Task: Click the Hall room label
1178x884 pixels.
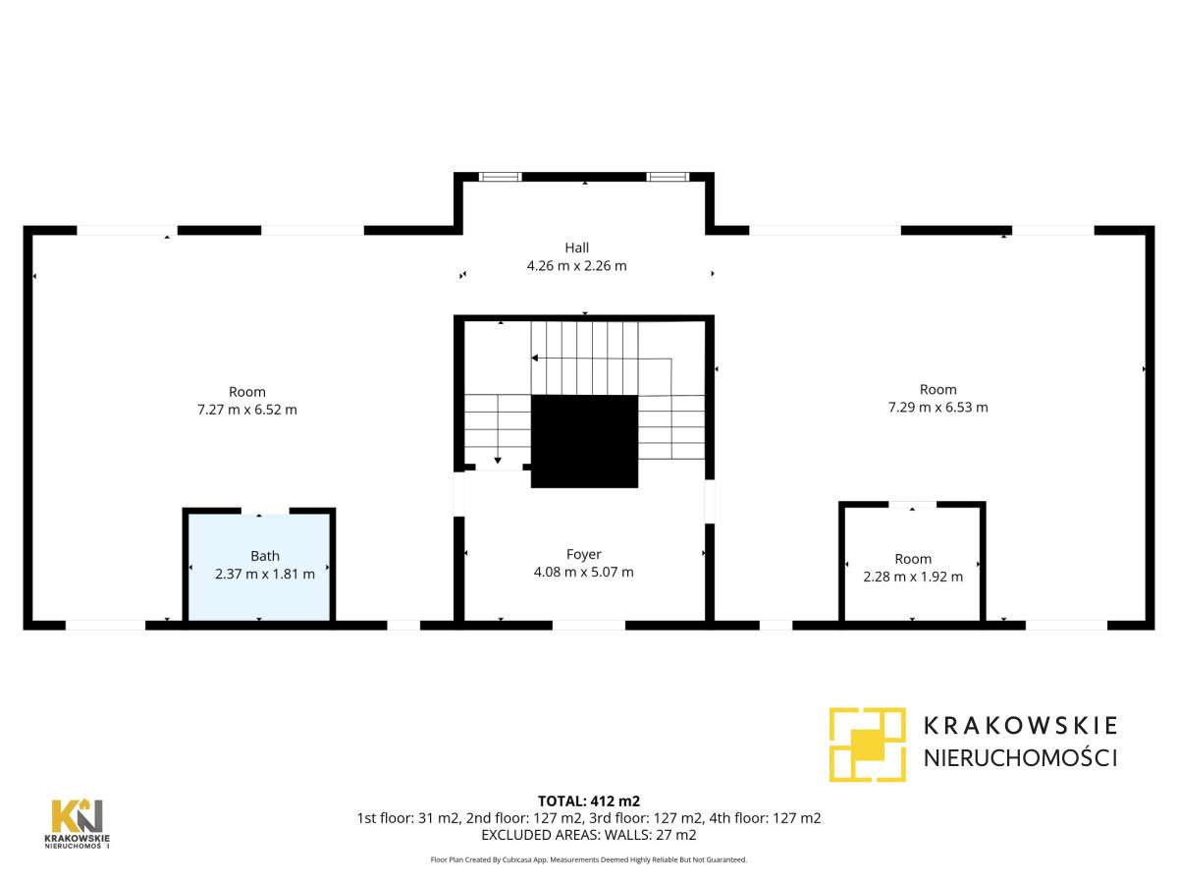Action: [576, 248]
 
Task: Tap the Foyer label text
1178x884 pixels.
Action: [583, 554]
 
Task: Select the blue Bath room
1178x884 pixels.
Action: [259, 589]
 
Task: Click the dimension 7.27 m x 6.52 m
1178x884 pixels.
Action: [247, 410]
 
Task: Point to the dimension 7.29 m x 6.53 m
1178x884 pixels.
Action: [937, 407]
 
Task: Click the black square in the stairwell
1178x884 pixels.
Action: [584, 441]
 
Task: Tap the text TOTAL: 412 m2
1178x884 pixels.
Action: [588, 801]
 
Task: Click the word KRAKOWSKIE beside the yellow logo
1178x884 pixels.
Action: [1021, 726]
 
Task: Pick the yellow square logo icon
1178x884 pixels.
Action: [867, 744]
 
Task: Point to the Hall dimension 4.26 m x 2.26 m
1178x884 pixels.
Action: [576, 265]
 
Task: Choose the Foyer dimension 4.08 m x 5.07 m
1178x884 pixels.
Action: [583, 572]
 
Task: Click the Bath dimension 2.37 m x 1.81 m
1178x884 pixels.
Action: [265, 574]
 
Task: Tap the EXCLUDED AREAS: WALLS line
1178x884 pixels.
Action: [588, 835]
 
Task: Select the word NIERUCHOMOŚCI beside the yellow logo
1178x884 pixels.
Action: [1021, 757]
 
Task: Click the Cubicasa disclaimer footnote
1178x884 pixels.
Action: [588, 859]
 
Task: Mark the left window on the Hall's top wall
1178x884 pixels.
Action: [500, 177]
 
